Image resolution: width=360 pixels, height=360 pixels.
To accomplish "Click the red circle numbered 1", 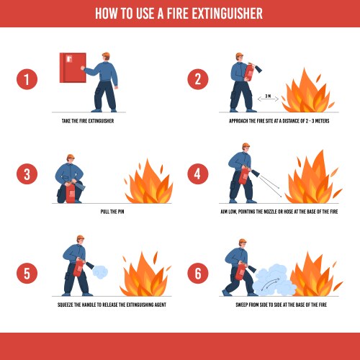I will click(27, 80).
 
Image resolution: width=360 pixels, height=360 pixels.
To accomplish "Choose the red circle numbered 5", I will click(27, 274).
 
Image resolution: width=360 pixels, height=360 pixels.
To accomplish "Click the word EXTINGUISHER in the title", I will click(220, 13).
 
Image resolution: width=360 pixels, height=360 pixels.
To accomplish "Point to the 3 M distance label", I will click(268, 95).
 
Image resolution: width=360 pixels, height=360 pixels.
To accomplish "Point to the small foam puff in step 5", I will click(102, 272).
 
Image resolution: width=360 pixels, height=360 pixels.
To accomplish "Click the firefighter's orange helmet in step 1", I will click(107, 55).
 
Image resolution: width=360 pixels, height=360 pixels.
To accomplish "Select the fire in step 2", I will click(307, 92).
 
